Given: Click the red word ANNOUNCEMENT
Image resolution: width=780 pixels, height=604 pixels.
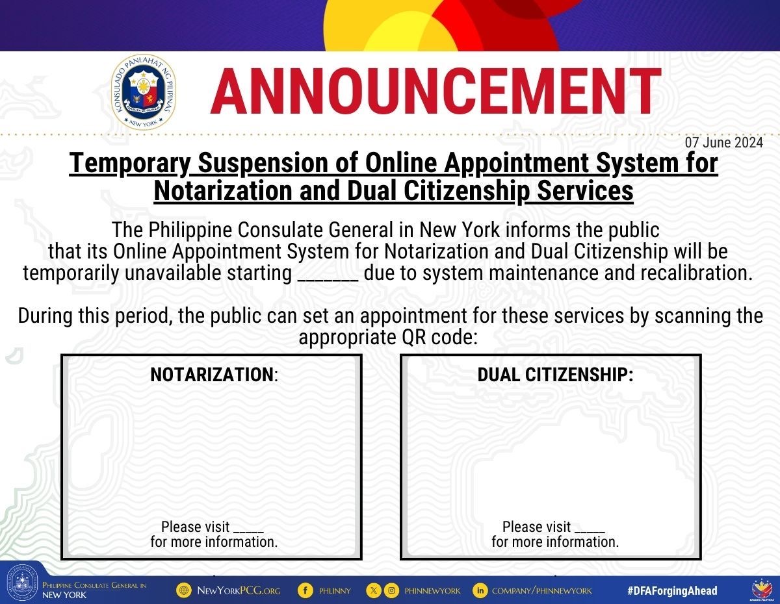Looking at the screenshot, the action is coord(435,91).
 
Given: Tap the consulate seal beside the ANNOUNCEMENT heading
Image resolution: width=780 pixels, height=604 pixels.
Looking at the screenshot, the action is coord(144,92).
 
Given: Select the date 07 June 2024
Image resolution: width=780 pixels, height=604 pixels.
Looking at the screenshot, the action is coord(723,142).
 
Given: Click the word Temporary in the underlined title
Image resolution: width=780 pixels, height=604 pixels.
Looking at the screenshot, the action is coord(129,164).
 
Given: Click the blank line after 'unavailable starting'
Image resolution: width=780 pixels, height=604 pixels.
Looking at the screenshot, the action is coord(328,280).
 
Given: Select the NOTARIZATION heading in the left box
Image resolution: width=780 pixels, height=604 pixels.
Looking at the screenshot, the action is coord(214,375).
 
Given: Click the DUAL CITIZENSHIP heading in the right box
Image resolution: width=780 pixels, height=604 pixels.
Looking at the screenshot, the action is coord(555,375).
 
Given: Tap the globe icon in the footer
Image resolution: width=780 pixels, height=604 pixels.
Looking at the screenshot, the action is coord(184,590).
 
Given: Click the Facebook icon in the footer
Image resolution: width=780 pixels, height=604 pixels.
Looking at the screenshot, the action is coord(305,590).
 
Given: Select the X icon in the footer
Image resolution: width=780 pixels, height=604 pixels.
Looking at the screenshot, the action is coord(373,590).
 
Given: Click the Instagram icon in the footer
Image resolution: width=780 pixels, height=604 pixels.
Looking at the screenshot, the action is coord(391,590).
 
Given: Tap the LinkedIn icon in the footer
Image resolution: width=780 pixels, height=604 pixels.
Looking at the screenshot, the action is coord(480,590).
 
